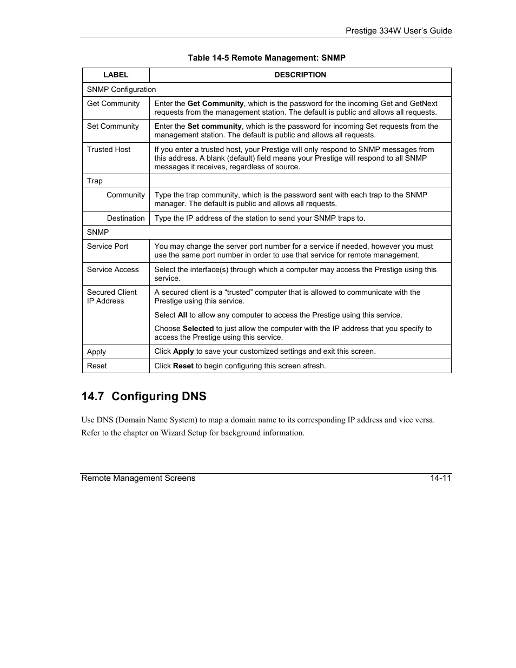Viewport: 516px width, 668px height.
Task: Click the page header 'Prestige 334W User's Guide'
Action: point(399,31)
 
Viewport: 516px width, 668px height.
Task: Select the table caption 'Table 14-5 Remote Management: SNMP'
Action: point(266,58)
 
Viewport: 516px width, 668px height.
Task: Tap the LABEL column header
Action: point(116,75)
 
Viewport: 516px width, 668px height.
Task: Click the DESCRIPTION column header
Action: point(300,75)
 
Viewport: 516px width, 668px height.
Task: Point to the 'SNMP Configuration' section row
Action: point(121,90)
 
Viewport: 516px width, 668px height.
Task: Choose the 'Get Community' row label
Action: point(113,104)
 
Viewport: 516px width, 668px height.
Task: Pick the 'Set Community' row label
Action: point(113,127)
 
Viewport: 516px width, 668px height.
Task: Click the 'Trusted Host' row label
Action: point(109,150)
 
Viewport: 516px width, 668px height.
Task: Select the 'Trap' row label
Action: point(95,181)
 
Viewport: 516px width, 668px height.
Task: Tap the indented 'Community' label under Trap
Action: point(125,195)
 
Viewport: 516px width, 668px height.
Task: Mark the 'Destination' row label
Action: point(125,219)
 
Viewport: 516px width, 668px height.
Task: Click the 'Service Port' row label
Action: point(108,247)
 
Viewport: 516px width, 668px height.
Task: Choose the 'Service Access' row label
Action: point(113,270)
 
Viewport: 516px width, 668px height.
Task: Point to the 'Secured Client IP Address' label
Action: point(111,297)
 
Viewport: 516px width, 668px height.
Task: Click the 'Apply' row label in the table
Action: point(96,352)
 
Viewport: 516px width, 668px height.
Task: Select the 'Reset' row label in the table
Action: point(97,366)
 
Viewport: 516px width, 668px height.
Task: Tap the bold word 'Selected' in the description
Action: point(198,329)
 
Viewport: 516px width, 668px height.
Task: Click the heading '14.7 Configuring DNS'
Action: point(144,396)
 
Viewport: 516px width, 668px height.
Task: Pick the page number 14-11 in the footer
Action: point(441,478)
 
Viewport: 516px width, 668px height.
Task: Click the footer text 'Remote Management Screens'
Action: point(138,478)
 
